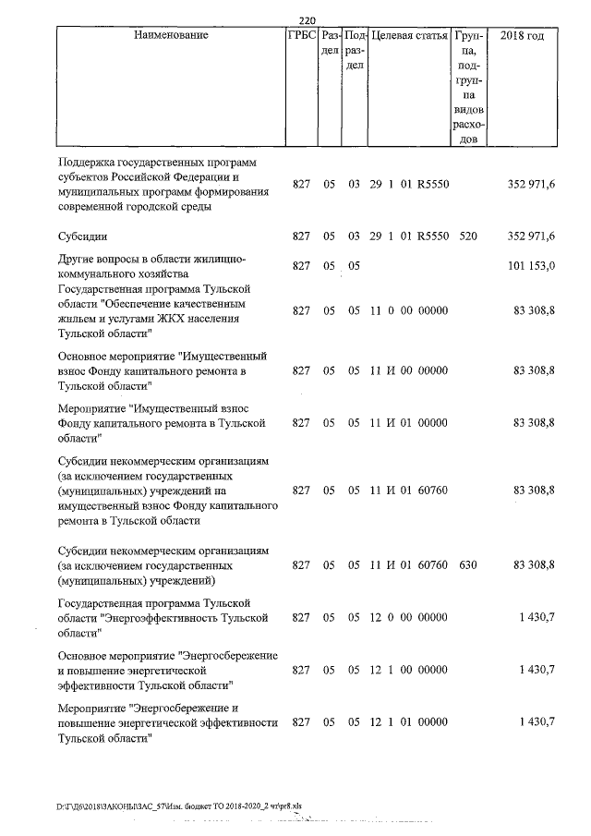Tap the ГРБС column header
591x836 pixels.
click(303, 36)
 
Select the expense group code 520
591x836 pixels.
click(467, 236)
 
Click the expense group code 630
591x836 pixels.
click(467, 563)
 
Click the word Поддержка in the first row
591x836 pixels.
click(89, 163)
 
